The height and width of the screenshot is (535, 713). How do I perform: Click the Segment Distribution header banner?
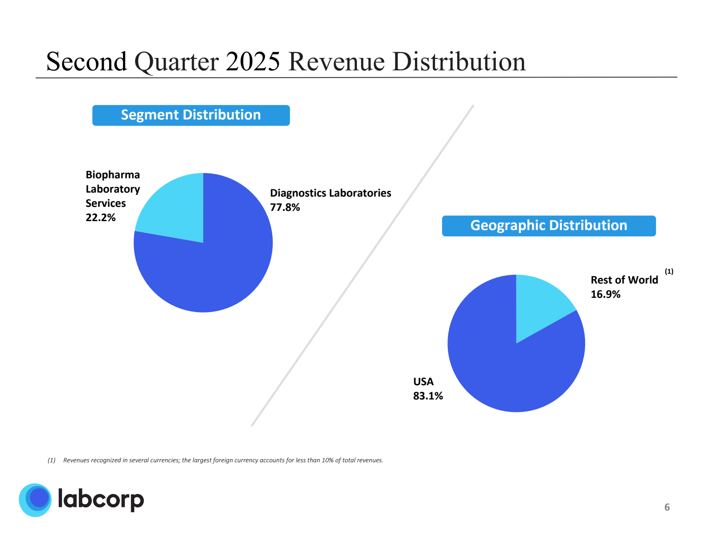pos(191,115)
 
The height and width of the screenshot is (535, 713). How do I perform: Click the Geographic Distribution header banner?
pos(549,226)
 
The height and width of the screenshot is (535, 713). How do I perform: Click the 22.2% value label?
pos(101,218)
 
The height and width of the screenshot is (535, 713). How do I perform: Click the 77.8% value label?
pos(285,207)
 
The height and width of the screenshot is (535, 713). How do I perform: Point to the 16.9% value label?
pos(606,294)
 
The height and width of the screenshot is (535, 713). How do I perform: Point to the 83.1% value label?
pos(428,396)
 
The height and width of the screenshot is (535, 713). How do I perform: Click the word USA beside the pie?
pos(423,382)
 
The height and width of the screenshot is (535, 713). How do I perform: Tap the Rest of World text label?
pos(624,280)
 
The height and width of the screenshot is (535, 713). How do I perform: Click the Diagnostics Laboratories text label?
pos(330,193)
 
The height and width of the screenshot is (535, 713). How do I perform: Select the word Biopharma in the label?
pos(113,175)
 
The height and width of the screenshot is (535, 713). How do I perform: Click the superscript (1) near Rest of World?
pos(669,271)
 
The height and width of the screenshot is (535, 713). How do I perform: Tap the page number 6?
pos(667,507)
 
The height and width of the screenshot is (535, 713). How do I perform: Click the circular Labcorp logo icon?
pos(35,500)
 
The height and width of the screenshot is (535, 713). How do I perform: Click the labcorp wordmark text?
pos(101,499)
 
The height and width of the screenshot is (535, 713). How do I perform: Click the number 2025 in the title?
pos(253,62)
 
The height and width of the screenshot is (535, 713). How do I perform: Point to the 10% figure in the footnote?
pos(328,460)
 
